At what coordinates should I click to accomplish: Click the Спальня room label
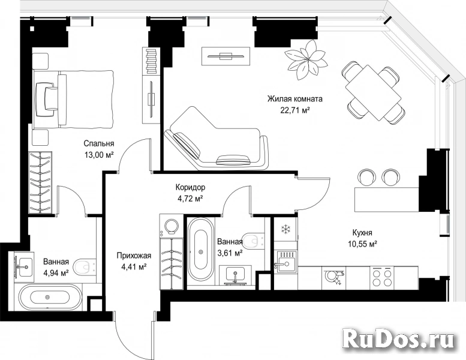99,143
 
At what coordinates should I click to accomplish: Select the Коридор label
190,187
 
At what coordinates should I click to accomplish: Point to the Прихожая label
134,256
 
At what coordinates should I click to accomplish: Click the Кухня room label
362,232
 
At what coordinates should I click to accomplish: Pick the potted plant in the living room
306,59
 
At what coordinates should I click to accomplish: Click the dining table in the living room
374,93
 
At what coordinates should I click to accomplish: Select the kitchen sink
285,262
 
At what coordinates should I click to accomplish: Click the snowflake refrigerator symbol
286,229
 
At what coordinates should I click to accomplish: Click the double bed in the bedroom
73,99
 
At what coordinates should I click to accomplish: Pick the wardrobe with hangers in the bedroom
40,182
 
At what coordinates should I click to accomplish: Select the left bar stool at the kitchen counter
366,178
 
